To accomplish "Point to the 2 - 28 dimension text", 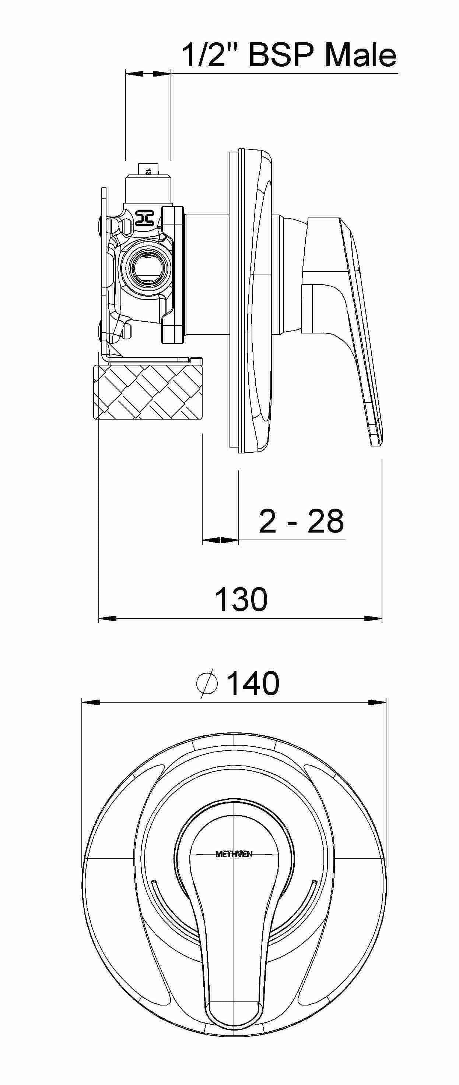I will tap(301, 521).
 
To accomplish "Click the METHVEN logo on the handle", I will tap(234, 855).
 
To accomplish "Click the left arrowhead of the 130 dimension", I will tap(107, 619).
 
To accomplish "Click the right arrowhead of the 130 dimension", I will tap(373, 619).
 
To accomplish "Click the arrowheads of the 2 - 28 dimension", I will tap(220, 540).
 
